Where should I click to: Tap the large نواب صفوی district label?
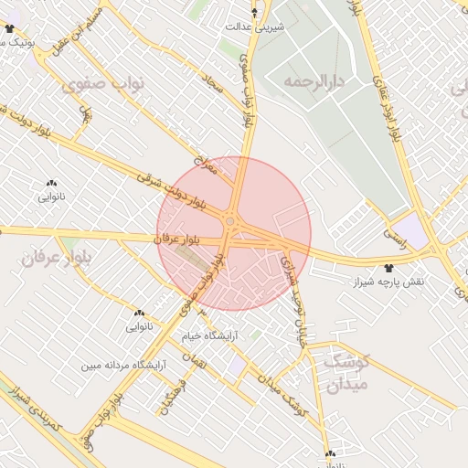click(105, 85)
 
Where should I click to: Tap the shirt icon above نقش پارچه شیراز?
click(390, 269)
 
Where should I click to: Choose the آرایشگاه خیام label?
click(209, 335)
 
